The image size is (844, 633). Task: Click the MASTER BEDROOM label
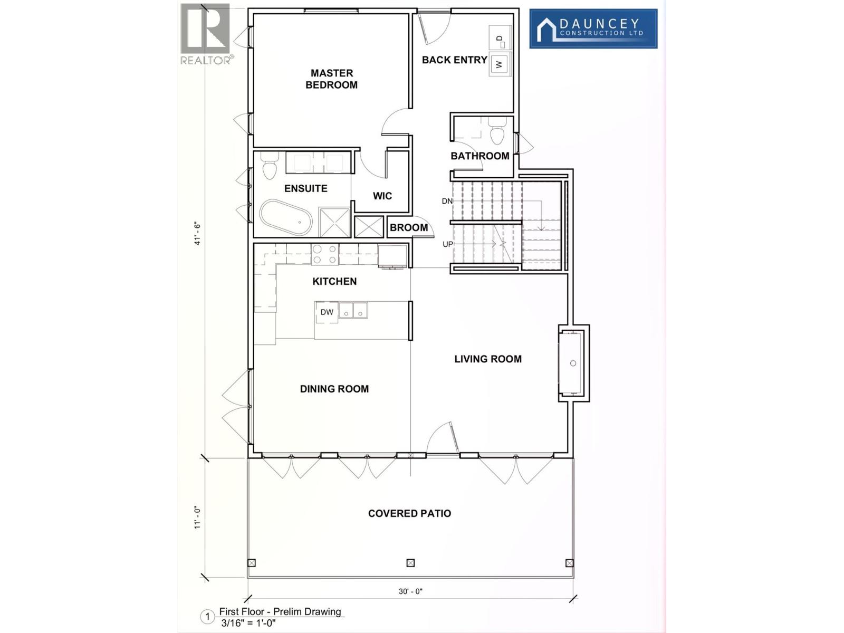331,79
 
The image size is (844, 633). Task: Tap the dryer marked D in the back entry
500,38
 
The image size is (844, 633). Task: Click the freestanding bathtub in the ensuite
285,217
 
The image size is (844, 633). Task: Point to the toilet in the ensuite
270,166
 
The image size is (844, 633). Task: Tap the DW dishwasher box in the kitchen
327,312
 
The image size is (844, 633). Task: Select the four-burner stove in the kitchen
324,254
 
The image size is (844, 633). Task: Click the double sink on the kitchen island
353,310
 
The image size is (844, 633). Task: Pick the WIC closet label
382,196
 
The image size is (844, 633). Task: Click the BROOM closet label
409,228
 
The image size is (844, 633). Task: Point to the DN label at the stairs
447,201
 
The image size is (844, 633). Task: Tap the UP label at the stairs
447,244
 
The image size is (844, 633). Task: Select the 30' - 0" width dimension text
410,591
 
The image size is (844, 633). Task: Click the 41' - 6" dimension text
198,233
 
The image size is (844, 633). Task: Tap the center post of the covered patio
410,563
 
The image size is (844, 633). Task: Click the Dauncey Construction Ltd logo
593,28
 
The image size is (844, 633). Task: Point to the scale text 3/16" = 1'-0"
248,622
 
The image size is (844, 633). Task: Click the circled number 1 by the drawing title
208,617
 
